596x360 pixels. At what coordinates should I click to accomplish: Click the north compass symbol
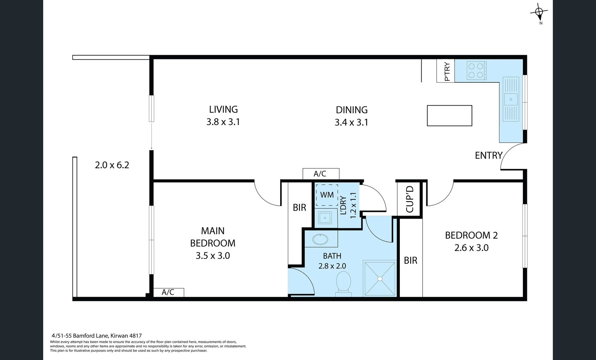(539, 12)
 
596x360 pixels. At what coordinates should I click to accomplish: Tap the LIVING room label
(223, 109)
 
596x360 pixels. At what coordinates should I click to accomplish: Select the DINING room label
(352, 110)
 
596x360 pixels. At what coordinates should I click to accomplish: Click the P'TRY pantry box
(446, 71)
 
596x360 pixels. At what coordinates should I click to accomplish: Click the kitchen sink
(511, 99)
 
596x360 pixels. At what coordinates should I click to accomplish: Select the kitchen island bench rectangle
(449, 116)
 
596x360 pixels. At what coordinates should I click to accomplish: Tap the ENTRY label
(488, 155)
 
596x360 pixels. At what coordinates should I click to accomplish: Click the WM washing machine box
(327, 195)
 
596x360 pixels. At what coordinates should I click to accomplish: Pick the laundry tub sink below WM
(325, 218)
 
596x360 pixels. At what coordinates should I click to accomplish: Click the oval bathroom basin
(321, 239)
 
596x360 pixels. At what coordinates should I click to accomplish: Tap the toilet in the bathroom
(344, 284)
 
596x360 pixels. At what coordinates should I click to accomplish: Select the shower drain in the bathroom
(380, 279)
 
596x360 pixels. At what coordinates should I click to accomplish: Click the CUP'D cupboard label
(410, 199)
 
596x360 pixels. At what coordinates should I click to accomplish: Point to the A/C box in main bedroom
(168, 292)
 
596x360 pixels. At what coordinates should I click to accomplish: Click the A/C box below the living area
(321, 174)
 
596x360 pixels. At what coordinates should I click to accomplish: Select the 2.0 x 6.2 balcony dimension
(112, 165)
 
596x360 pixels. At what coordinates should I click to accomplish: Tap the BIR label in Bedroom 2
(411, 260)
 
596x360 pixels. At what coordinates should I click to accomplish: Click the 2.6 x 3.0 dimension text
(471, 248)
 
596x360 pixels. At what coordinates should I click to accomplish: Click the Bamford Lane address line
(97, 336)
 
